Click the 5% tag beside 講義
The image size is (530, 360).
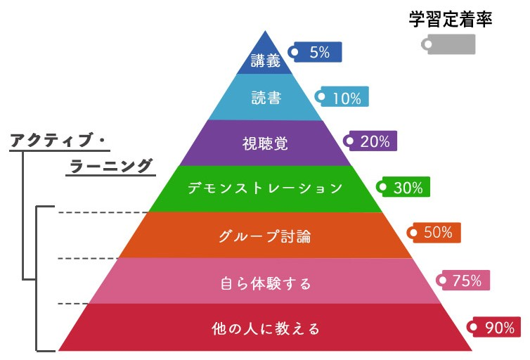tap(316, 52)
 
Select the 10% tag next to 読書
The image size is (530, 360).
tap(343, 98)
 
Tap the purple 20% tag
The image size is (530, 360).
tap(372, 141)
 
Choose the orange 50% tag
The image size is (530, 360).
tap(435, 233)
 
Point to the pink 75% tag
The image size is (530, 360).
tap(464, 281)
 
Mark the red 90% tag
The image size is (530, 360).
tap(495, 327)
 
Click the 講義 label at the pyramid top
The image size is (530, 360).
tap(265, 62)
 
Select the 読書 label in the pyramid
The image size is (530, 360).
tap(266, 98)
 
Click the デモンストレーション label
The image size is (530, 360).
tap(265, 188)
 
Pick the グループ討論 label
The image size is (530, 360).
tap(264, 236)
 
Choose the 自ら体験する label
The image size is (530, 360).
tap(265, 283)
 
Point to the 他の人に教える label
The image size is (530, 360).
tap(265, 328)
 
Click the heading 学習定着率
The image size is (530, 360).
tap(451, 19)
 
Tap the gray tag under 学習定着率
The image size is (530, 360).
tap(449, 44)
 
